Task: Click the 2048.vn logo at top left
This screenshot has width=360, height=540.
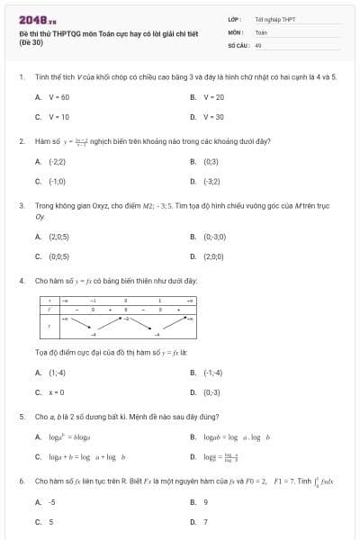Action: coord(31,20)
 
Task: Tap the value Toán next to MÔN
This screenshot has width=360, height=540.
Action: coord(261,31)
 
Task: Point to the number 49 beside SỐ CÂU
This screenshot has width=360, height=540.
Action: coord(258,44)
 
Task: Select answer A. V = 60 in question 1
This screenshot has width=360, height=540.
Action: coord(52,96)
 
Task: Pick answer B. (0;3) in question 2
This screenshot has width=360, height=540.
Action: coord(206,161)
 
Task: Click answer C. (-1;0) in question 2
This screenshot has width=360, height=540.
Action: coord(51,181)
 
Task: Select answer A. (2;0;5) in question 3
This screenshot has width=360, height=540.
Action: coord(52,237)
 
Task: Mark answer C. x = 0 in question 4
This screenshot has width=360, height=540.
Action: coord(50,392)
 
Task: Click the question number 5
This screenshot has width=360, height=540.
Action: coord(21,417)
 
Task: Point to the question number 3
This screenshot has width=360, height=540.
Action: coord(21,205)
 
